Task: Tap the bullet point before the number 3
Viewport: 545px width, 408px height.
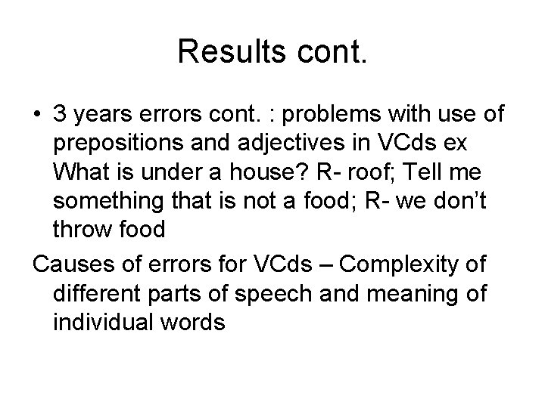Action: click(x=37, y=114)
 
